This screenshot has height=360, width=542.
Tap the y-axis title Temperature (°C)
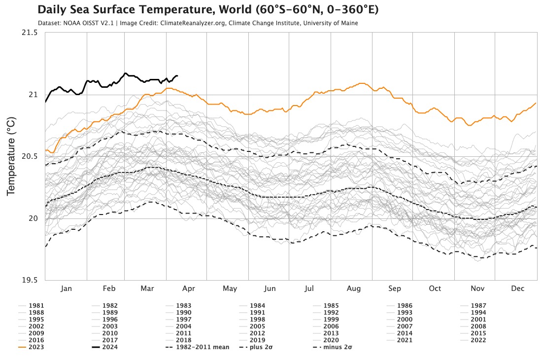click(x=11, y=156)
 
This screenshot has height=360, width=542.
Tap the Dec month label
click(x=517, y=289)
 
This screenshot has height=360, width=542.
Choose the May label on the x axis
click(x=230, y=289)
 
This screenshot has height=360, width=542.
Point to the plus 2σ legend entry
click(x=258, y=347)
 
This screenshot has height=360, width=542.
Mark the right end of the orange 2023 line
click(x=536, y=103)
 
